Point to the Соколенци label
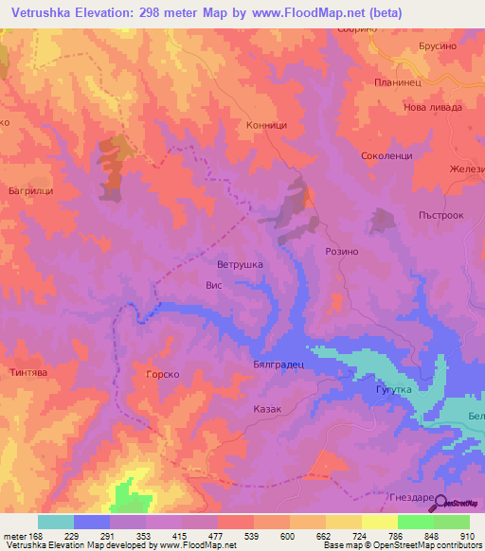386,155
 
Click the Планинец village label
396,82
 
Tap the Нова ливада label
433,107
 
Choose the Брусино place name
437,46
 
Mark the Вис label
213,283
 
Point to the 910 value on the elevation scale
467,536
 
